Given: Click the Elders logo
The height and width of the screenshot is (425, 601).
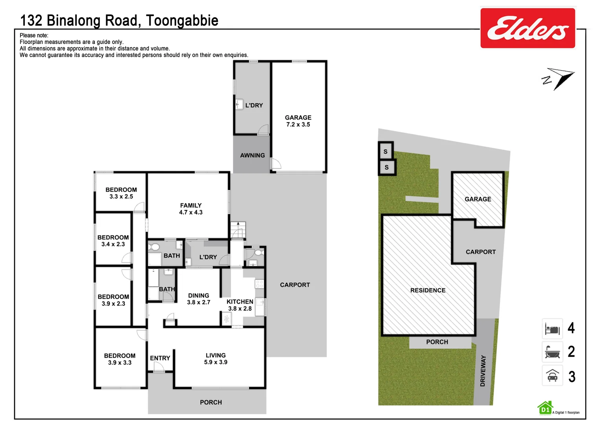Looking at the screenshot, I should (527, 28).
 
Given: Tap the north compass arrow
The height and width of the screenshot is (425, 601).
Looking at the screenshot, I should (559, 78).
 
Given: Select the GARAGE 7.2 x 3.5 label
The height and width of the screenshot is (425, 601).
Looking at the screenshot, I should (298, 121).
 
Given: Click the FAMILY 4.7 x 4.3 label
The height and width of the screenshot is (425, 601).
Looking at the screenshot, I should (191, 209).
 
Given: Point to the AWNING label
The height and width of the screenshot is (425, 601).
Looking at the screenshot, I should (252, 155).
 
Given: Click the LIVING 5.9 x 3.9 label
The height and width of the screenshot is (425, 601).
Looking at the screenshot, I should (216, 358).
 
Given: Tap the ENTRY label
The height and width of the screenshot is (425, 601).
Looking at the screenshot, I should (160, 358).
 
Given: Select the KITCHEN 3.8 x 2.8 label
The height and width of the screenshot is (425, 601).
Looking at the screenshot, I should (240, 305).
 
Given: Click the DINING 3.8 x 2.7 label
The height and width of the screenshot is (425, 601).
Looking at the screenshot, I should (199, 299).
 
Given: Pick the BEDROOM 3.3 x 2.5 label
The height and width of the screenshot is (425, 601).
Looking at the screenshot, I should (121, 193).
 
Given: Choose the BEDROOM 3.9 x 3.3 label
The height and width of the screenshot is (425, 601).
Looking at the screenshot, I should (120, 359).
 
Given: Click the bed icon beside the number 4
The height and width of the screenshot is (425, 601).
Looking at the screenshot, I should (552, 329).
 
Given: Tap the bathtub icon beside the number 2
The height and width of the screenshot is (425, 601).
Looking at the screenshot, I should (552, 352).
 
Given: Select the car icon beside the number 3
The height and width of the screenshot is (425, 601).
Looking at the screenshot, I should (552, 376).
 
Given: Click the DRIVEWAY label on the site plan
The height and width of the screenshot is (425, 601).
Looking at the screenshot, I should (483, 370).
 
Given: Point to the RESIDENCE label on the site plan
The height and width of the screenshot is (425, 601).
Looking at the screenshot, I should (428, 290).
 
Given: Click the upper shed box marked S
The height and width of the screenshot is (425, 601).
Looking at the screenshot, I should (385, 152).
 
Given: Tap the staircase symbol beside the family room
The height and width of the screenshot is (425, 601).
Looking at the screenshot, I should (238, 230).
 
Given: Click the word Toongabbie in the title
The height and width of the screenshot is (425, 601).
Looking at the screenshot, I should (182, 20).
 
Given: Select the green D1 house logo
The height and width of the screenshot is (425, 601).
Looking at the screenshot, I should (545, 408).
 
